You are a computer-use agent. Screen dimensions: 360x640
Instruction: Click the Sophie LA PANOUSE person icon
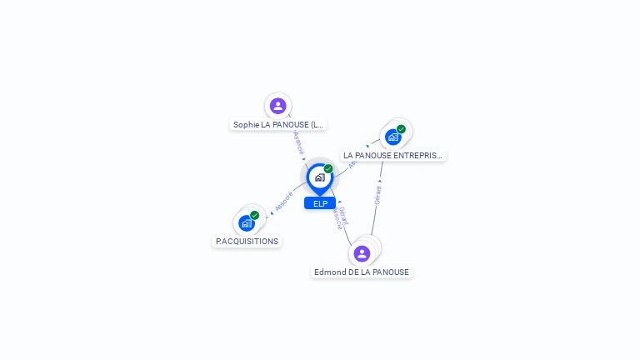(x=278, y=106)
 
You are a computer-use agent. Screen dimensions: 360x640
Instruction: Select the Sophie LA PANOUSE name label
(x=277, y=124)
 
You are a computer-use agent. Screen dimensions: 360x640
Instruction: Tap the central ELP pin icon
(x=319, y=177)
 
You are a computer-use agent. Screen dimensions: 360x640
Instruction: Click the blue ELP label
(x=320, y=203)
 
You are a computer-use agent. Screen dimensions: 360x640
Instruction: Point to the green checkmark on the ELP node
(x=328, y=169)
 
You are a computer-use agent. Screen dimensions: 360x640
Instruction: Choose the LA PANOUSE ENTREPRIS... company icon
(x=392, y=137)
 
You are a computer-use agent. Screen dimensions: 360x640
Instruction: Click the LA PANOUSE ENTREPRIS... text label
(x=393, y=155)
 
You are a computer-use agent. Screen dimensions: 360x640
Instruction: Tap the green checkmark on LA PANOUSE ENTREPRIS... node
(x=401, y=129)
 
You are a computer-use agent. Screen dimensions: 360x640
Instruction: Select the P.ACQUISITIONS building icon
(x=246, y=223)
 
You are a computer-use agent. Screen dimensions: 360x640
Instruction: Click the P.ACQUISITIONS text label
(x=247, y=241)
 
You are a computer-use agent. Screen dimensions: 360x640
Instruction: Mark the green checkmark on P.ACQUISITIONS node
(x=254, y=215)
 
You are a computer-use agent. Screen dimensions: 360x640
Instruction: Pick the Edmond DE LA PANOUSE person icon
(x=362, y=253)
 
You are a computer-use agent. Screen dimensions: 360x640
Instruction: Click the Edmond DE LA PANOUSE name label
(x=362, y=272)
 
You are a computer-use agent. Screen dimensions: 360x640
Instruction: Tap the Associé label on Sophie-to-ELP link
(x=299, y=142)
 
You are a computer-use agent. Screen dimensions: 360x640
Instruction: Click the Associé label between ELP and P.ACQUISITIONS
(x=283, y=201)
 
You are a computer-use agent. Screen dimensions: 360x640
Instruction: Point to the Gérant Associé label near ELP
(x=340, y=217)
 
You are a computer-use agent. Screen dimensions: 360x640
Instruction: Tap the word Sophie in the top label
(x=246, y=124)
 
